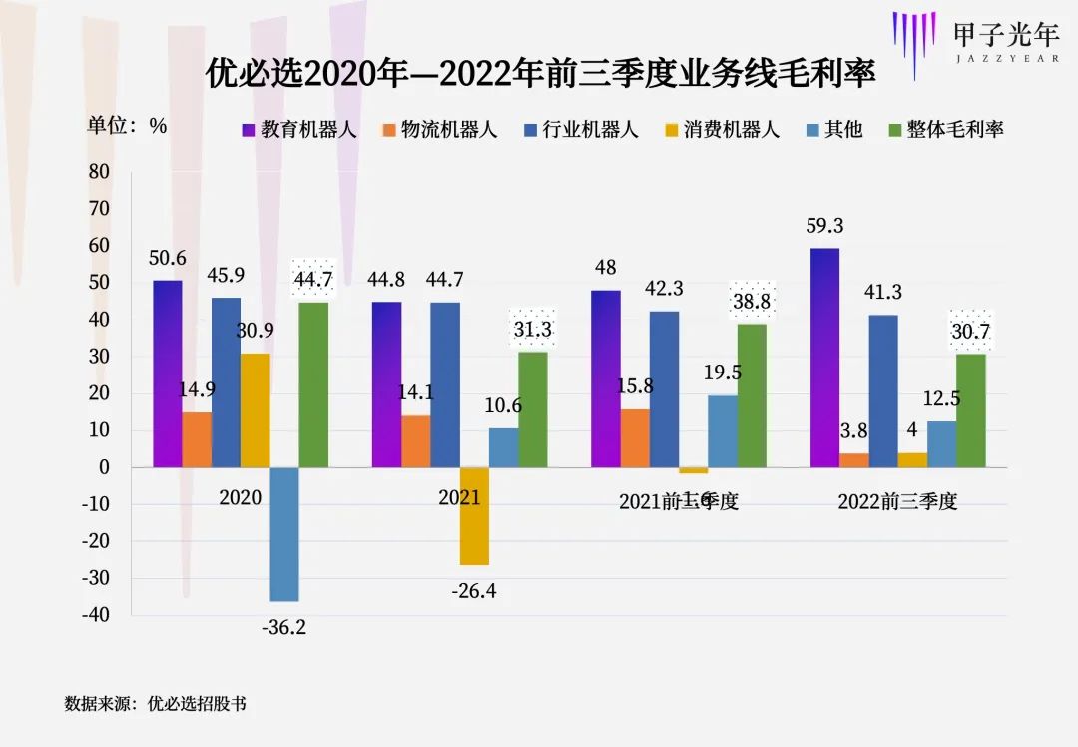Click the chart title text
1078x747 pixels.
click(540, 74)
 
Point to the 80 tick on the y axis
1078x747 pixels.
click(99, 172)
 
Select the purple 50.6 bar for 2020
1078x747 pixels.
click(168, 373)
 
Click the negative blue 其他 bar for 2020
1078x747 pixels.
click(284, 534)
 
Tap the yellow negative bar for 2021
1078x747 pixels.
click(474, 516)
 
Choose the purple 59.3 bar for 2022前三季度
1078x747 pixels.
click(824, 358)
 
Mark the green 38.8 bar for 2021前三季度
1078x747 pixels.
click(752, 395)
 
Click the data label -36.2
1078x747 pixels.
click(283, 628)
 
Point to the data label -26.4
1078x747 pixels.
click(474, 591)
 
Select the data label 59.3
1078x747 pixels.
click(824, 227)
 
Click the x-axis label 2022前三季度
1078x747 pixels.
click(897, 502)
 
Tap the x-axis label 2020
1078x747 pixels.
click(240, 497)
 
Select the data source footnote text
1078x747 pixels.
click(155, 703)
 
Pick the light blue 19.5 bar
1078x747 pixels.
click(723, 431)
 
